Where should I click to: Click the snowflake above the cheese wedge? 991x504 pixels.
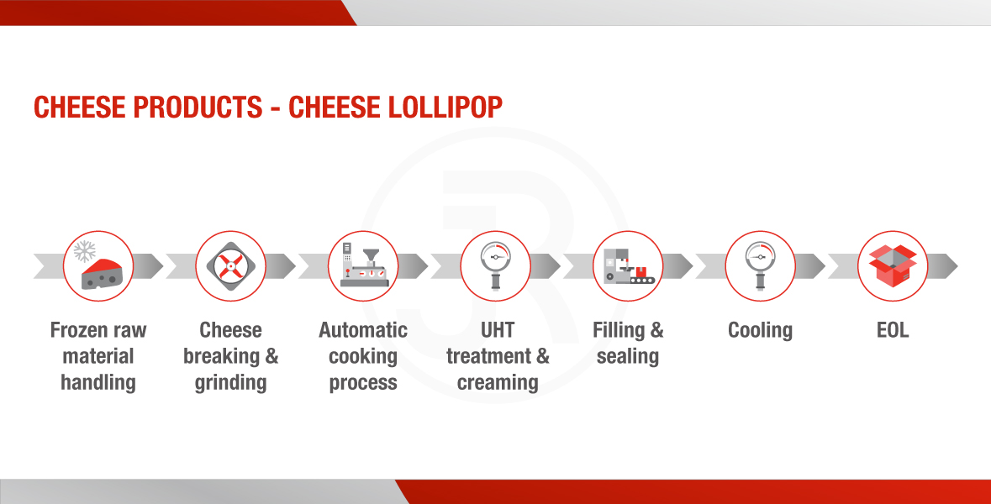pyautogui.click(x=84, y=251)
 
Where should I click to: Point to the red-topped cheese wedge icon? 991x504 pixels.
pyautogui.click(x=102, y=274)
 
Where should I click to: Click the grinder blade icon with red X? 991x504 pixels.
pyautogui.click(x=230, y=266)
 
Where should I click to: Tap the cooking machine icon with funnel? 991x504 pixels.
pyautogui.click(x=363, y=266)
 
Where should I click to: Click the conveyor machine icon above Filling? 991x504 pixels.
pyautogui.click(x=628, y=266)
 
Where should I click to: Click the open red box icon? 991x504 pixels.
pyautogui.click(x=893, y=266)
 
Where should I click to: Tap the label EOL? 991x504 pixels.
pyautogui.click(x=893, y=330)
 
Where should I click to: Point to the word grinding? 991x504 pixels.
pyautogui.click(x=230, y=383)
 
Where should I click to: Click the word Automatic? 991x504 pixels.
pyautogui.click(x=363, y=330)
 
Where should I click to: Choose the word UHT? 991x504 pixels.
pyautogui.click(x=498, y=330)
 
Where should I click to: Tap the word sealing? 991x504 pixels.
pyautogui.click(x=628, y=357)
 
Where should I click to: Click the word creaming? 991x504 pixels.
pyautogui.click(x=498, y=383)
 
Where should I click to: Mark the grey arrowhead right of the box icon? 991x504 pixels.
pyautogui.click(x=943, y=266)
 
